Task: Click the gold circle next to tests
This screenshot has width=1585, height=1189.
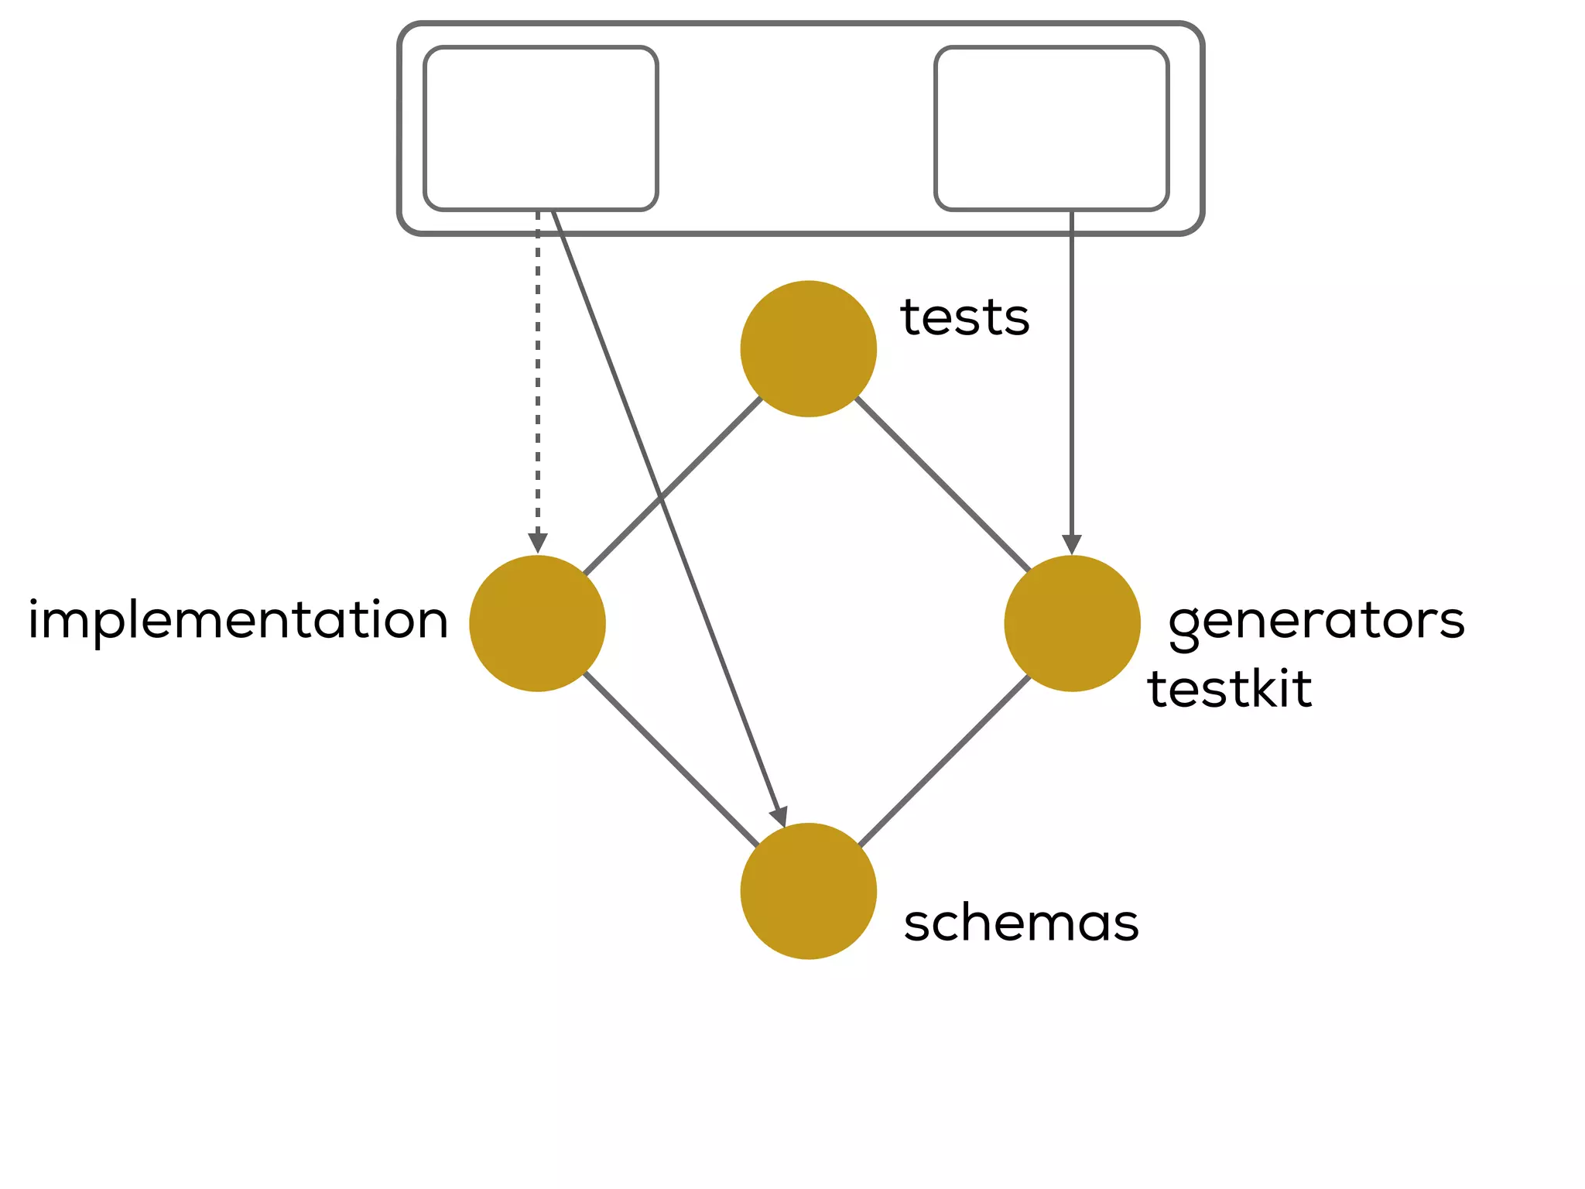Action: [x=808, y=348]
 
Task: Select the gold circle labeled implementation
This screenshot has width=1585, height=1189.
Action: [x=537, y=623]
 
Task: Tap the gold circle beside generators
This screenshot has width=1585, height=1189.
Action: [x=1072, y=623]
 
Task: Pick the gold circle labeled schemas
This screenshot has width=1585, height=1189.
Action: [x=808, y=890]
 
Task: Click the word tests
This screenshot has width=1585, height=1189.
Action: [x=964, y=317]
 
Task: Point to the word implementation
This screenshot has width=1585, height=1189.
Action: [x=238, y=621]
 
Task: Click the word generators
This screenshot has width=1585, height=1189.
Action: [x=1316, y=621]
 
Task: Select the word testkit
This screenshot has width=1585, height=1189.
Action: [x=1229, y=689]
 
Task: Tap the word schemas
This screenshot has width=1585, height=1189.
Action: [x=1021, y=923]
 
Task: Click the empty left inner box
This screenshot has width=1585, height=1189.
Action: [x=540, y=128]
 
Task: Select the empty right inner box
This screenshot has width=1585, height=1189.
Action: [x=1051, y=128]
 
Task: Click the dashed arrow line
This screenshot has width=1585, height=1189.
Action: [x=537, y=372]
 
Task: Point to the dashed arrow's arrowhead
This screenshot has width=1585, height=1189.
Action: [x=537, y=543]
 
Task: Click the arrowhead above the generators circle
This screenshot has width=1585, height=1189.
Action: [x=1072, y=544]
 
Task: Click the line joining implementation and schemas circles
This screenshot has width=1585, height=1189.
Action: [x=670, y=759]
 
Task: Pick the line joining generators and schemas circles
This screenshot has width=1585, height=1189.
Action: [x=944, y=761]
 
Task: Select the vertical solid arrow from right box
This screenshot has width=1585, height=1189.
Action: [x=1072, y=372]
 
